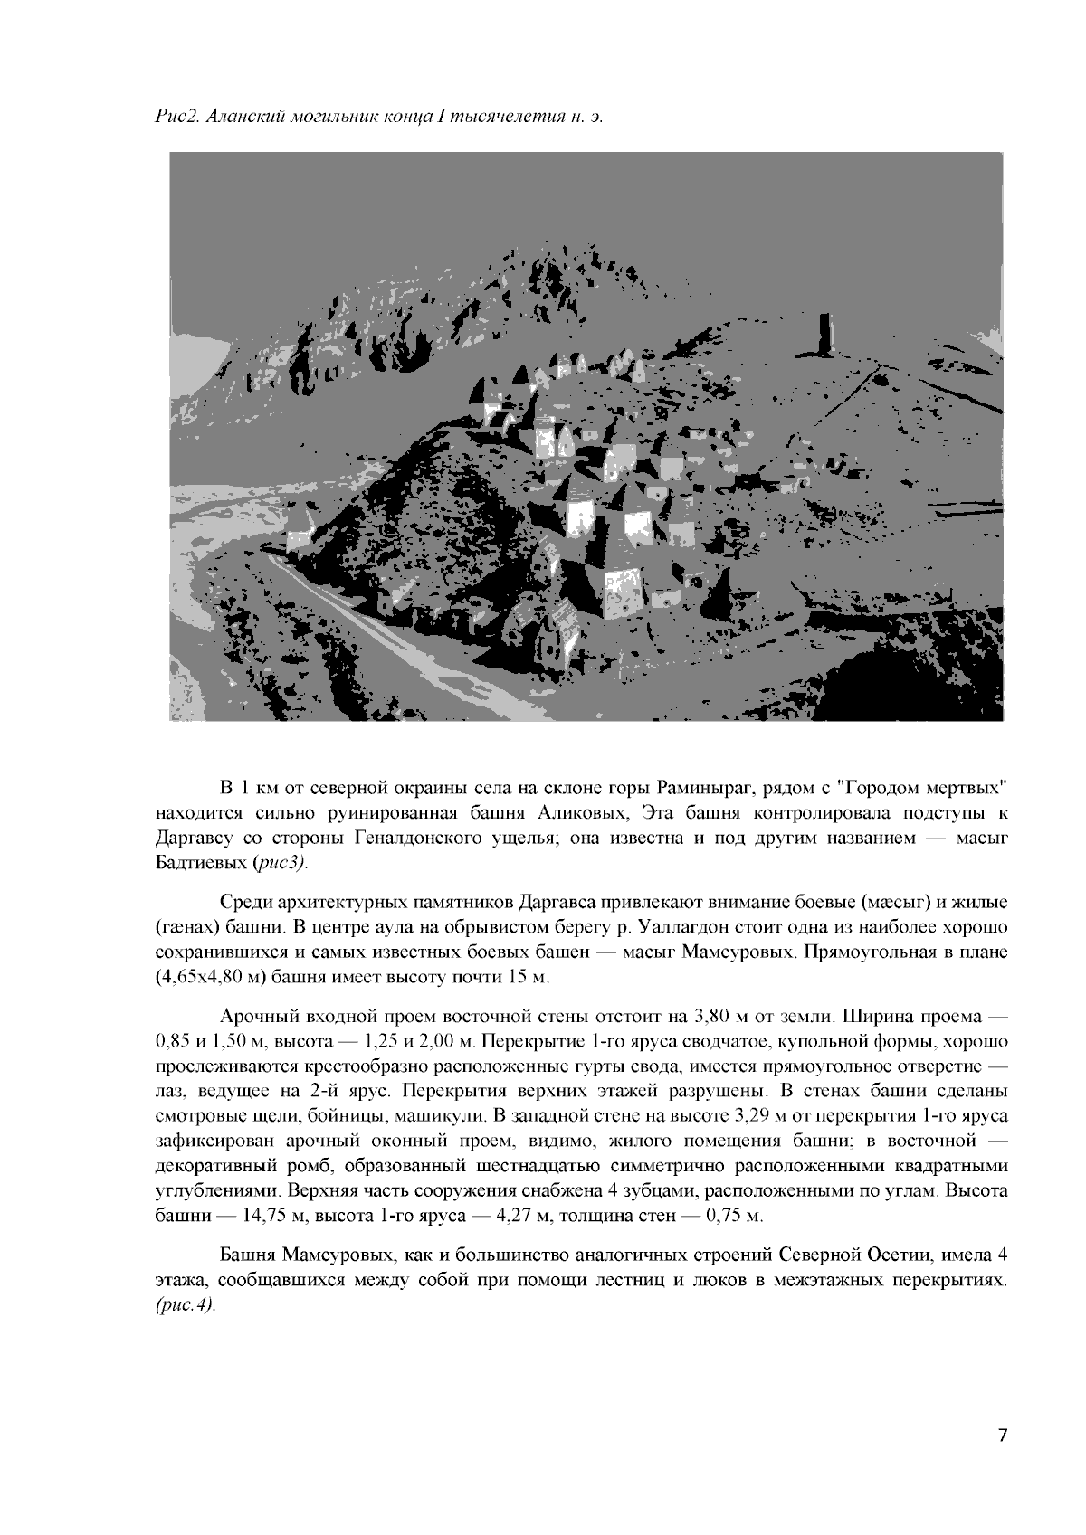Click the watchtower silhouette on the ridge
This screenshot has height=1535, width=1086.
(824, 336)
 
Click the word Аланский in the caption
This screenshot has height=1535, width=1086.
(241, 118)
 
